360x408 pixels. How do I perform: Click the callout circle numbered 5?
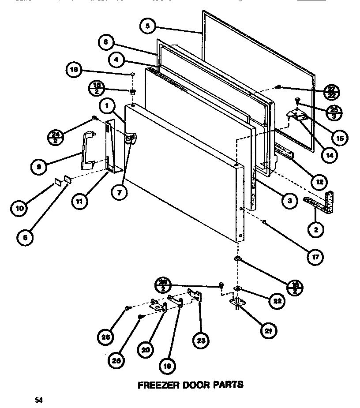(x=148, y=26)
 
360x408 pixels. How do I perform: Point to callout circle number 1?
(x=107, y=106)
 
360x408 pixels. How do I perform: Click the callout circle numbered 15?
(x=338, y=138)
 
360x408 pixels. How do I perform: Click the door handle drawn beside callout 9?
(x=87, y=150)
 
